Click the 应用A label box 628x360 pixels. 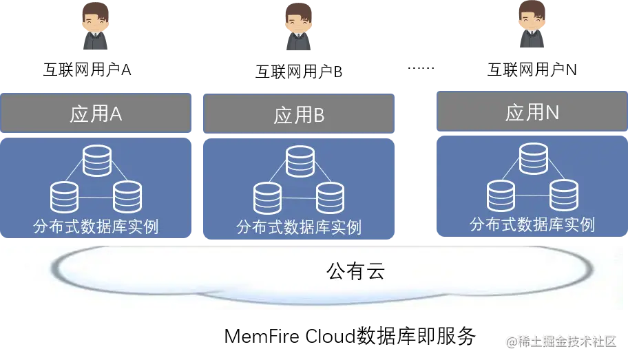pyautogui.click(x=96, y=112)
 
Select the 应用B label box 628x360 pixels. pyautogui.click(x=298, y=115)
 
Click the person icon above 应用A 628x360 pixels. pyautogui.click(x=96, y=25)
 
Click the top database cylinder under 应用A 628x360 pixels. pyautogui.click(x=96, y=160)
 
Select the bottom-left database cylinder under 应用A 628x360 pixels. pyautogui.click(x=65, y=197)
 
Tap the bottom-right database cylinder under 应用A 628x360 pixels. pyautogui.click(x=127, y=197)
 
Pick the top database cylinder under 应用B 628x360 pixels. pyautogui.click(x=300, y=162)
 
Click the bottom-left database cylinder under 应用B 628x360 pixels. pyautogui.click(x=267, y=198)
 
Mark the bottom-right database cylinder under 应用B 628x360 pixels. pyautogui.click(x=330, y=198)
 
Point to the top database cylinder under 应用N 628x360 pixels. pyautogui.click(x=533, y=158)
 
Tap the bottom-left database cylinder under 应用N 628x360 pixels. pyautogui.click(x=501, y=195)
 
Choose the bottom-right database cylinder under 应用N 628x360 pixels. pyautogui.click(x=564, y=195)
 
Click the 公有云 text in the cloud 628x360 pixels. pyautogui.click(x=355, y=271)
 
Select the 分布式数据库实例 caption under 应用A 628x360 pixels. pyautogui.click(x=96, y=226)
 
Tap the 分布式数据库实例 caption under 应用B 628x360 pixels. pyautogui.click(x=299, y=227)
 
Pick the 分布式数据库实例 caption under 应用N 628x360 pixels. pyautogui.click(x=532, y=224)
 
